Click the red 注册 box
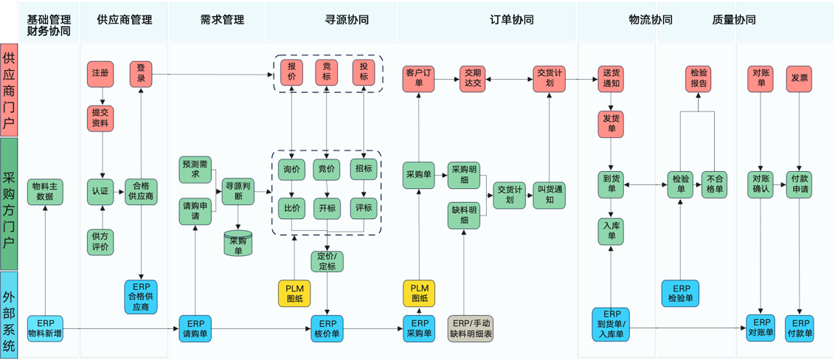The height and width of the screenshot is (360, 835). click(x=100, y=74)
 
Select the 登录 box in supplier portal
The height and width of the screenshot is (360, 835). click(x=141, y=74)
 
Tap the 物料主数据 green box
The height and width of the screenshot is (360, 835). click(x=45, y=192)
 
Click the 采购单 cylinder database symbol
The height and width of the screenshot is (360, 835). click(x=238, y=243)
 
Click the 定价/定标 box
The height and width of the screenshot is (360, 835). click(x=327, y=261)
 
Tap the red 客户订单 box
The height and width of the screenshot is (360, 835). click(x=418, y=77)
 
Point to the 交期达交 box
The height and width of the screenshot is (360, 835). click(x=472, y=77)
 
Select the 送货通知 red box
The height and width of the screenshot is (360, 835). click(x=611, y=78)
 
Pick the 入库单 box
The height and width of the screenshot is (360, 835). click(x=611, y=231)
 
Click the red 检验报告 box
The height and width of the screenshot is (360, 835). click(x=699, y=78)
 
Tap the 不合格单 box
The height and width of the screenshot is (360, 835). click(x=715, y=184)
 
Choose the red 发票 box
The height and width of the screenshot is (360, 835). click(x=799, y=78)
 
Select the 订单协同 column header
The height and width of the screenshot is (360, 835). click(x=512, y=20)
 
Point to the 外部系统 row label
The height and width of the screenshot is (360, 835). click(x=9, y=315)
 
